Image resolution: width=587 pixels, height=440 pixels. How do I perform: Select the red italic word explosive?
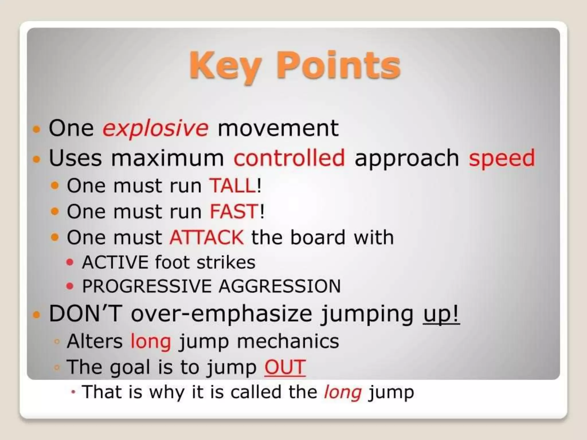(x=155, y=128)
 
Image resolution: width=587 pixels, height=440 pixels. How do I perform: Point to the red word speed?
(x=502, y=158)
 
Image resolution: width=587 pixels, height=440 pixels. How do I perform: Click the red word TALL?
(x=233, y=186)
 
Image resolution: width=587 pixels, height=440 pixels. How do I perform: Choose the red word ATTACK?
(x=207, y=237)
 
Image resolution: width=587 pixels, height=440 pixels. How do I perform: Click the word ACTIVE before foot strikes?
(x=115, y=262)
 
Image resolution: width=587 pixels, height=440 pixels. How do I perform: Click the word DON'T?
(x=85, y=314)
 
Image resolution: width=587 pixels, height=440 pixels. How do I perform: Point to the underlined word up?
(x=441, y=315)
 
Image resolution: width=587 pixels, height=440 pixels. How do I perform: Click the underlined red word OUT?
(x=285, y=367)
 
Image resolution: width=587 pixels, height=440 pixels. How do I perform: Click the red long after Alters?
(x=151, y=341)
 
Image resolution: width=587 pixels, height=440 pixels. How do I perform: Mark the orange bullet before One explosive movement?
(x=36, y=129)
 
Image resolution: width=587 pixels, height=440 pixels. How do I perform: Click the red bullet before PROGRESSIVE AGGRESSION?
(x=70, y=286)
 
